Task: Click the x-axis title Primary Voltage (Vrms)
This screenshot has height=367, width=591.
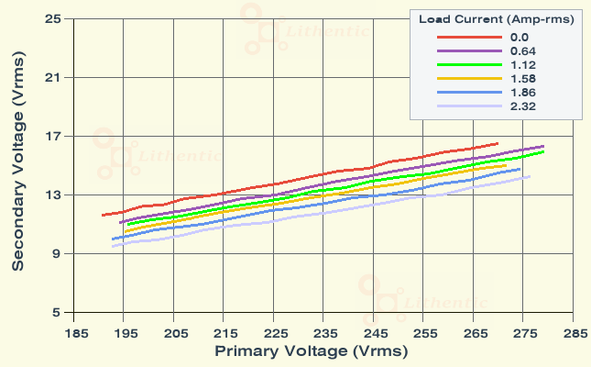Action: [311, 351]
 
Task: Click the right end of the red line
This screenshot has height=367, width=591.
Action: [498, 143]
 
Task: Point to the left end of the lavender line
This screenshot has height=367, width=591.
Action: [112, 246]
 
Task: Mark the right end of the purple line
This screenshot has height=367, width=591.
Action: [544, 146]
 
